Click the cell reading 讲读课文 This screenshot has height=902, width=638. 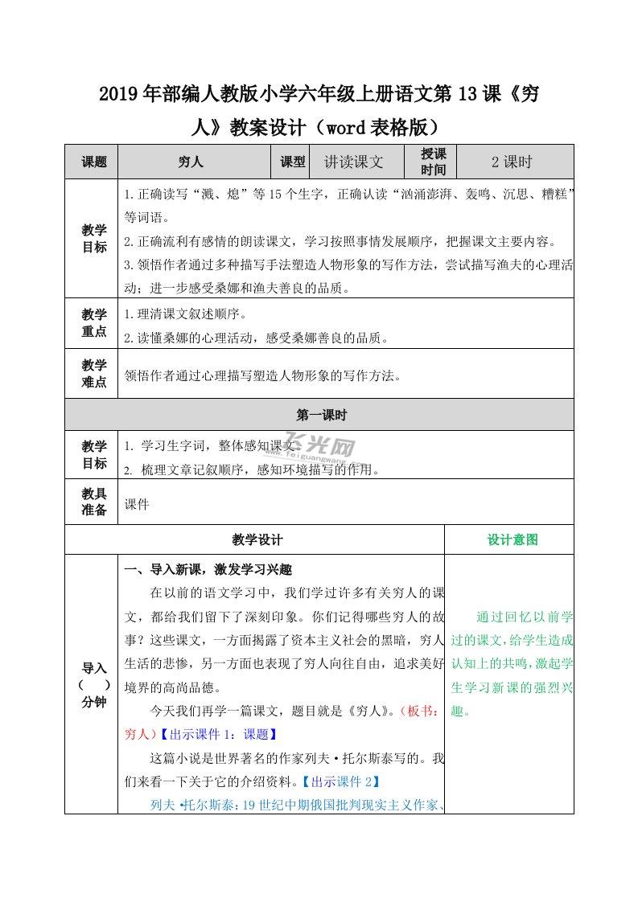pyautogui.click(x=353, y=162)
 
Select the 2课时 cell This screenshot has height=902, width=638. pyautogui.click(x=512, y=162)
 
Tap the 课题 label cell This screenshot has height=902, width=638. pyautogui.click(x=93, y=162)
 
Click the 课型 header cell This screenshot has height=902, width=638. pyautogui.click(x=293, y=162)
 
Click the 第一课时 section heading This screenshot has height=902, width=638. pyautogui.click(x=320, y=415)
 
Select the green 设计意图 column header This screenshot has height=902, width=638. pyautogui.click(x=512, y=540)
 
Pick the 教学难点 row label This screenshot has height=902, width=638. pyautogui.click(x=93, y=374)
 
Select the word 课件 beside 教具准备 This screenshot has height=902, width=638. pyautogui.click(x=137, y=505)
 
